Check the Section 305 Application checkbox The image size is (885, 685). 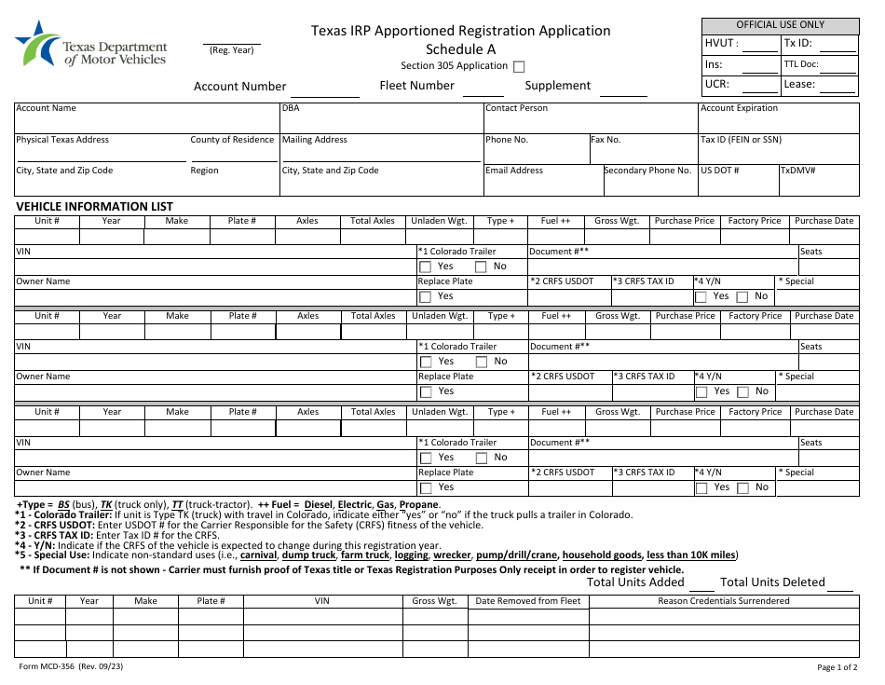click(x=520, y=66)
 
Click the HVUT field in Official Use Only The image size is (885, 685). click(x=760, y=45)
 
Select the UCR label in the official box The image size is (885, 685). click(x=717, y=84)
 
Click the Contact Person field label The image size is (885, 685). click(x=516, y=108)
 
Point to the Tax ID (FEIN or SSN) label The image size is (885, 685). click(x=741, y=140)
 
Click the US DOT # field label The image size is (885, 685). click(x=719, y=171)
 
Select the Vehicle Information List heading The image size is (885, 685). click(x=94, y=207)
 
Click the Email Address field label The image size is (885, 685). click(x=514, y=171)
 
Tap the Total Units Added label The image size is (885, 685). click(x=635, y=582)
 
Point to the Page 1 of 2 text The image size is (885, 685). click(x=837, y=667)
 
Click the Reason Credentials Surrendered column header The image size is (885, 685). click(x=724, y=601)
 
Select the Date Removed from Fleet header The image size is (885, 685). click(x=527, y=601)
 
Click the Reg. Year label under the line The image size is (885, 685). click(x=231, y=50)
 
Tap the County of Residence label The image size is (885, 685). click(x=232, y=140)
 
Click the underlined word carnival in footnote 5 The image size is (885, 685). click(x=258, y=555)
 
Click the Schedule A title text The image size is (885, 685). click(x=460, y=49)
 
